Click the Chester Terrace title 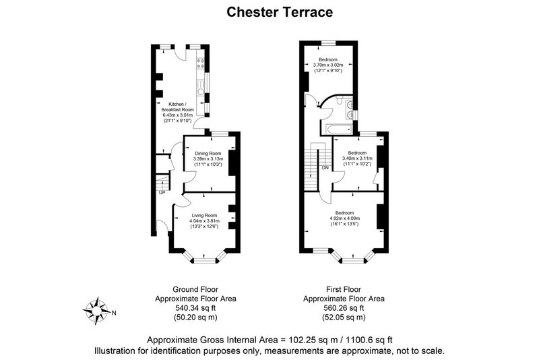point(280,12)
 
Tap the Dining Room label point(208,153)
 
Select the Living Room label point(204,216)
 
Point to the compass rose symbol point(96,311)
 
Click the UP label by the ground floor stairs point(162,193)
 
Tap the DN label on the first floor point(325,168)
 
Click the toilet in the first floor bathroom point(340,100)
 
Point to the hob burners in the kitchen point(200,63)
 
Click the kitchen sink point(199,91)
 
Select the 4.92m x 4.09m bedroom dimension point(344,218)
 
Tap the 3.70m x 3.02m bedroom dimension point(328,65)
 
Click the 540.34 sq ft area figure point(195,308)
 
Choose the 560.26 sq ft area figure point(344,308)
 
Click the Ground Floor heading point(195,289)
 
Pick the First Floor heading point(344,289)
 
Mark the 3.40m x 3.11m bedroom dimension point(357,158)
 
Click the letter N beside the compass point(115,313)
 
